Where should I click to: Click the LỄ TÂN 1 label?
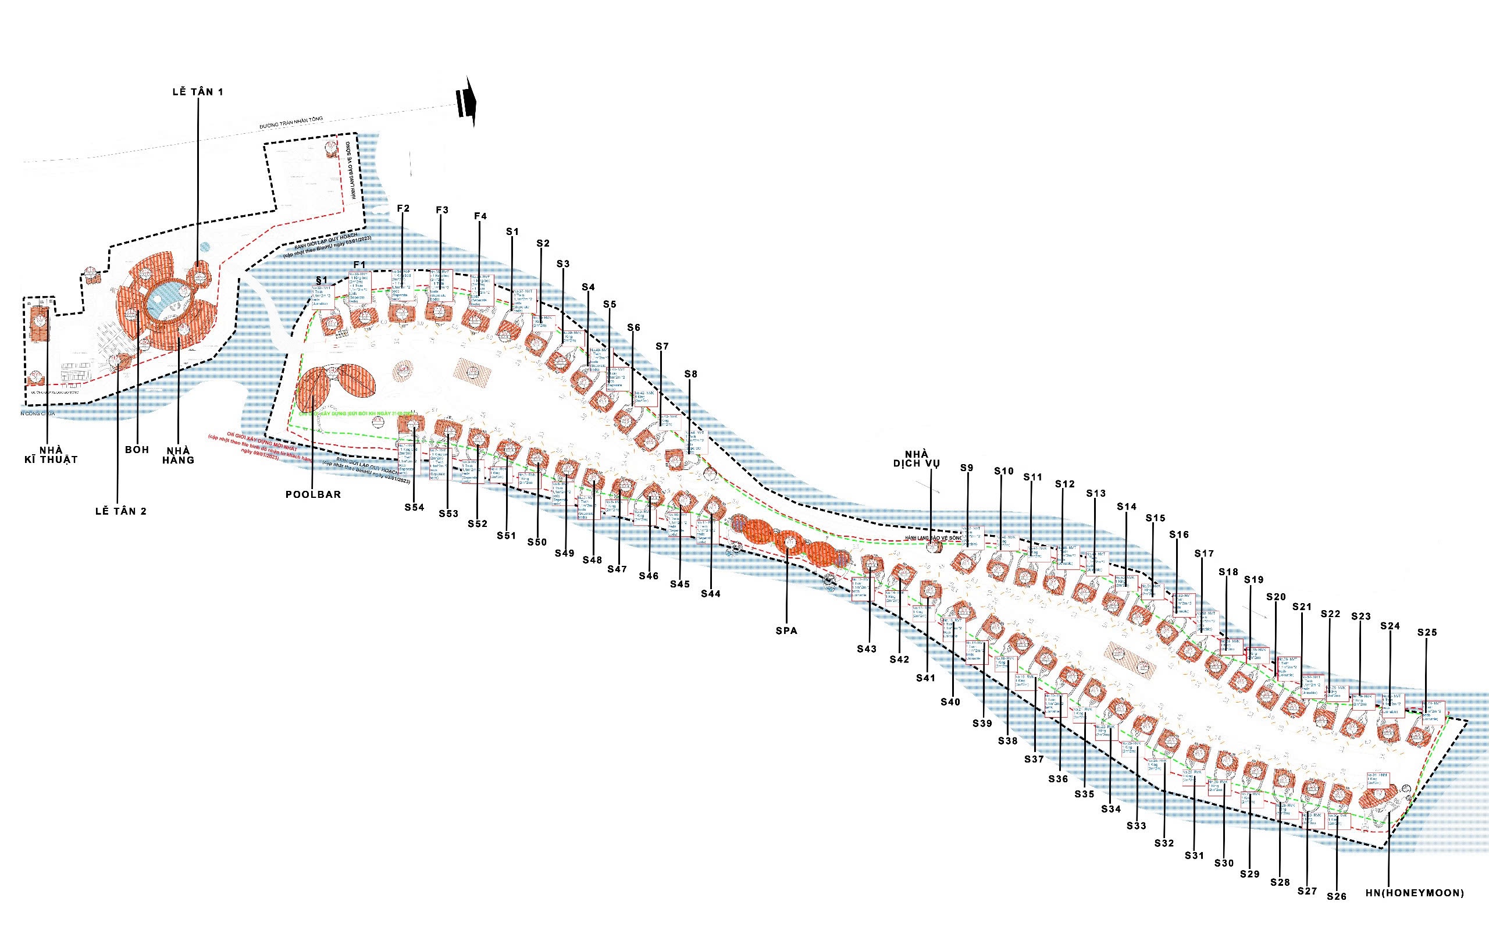(x=197, y=92)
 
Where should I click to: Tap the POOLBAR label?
(x=313, y=494)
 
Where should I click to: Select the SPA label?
(x=786, y=630)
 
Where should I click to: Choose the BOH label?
(x=137, y=450)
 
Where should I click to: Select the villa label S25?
(x=1427, y=632)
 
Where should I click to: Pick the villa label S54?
(x=415, y=507)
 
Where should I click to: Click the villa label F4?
(x=480, y=216)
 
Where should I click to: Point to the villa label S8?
(x=690, y=374)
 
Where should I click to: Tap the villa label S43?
(x=867, y=648)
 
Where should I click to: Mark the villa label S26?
(x=1337, y=896)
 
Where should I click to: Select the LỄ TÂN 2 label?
(x=121, y=511)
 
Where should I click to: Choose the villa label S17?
(x=1203, y=554)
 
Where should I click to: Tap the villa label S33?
(x=1137, y=825)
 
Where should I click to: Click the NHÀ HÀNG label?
(x=179, y=455)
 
